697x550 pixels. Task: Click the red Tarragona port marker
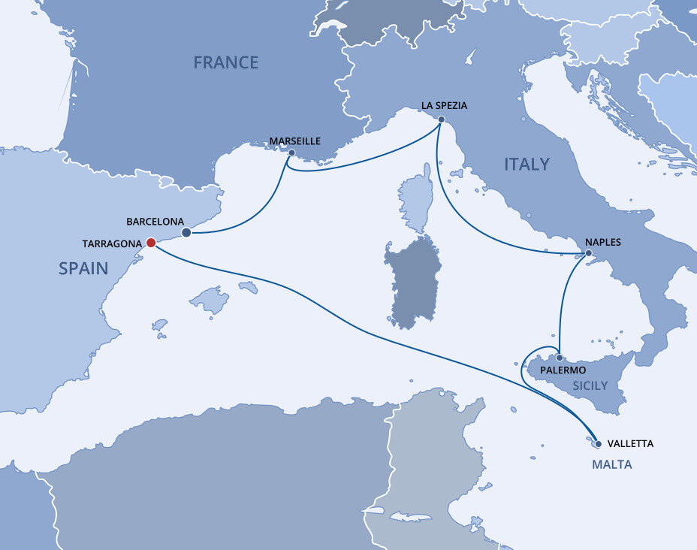[x=150, y=243]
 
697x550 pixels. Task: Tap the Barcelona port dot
[x=186, y=232]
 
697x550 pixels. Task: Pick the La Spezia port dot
[x=441, y=119]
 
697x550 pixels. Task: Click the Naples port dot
[x=588, y=254]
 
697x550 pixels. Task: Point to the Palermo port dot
[x=560, y=357]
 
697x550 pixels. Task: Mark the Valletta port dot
[x=598, y=443]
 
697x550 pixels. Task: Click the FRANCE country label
[x=225, y=62]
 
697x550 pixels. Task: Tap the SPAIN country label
[x=83, y=268]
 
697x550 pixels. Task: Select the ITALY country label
[x=527, y=164]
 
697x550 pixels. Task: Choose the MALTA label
[x=611, y=464]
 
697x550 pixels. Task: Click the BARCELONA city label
[x=155, y=222]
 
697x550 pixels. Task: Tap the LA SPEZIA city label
[x=444, y=106]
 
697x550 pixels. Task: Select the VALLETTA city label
[x=629, y=443]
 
